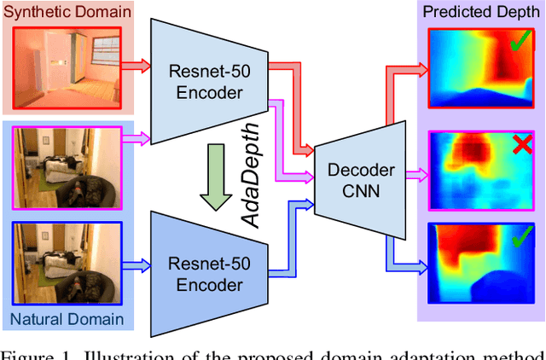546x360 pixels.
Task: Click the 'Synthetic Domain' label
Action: click(x=67, y=12)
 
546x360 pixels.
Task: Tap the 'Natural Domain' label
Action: click(x=67, y=321)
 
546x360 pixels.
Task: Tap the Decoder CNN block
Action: click(x=356, y=180)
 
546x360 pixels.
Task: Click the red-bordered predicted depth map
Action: click(x=478, y=65)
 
